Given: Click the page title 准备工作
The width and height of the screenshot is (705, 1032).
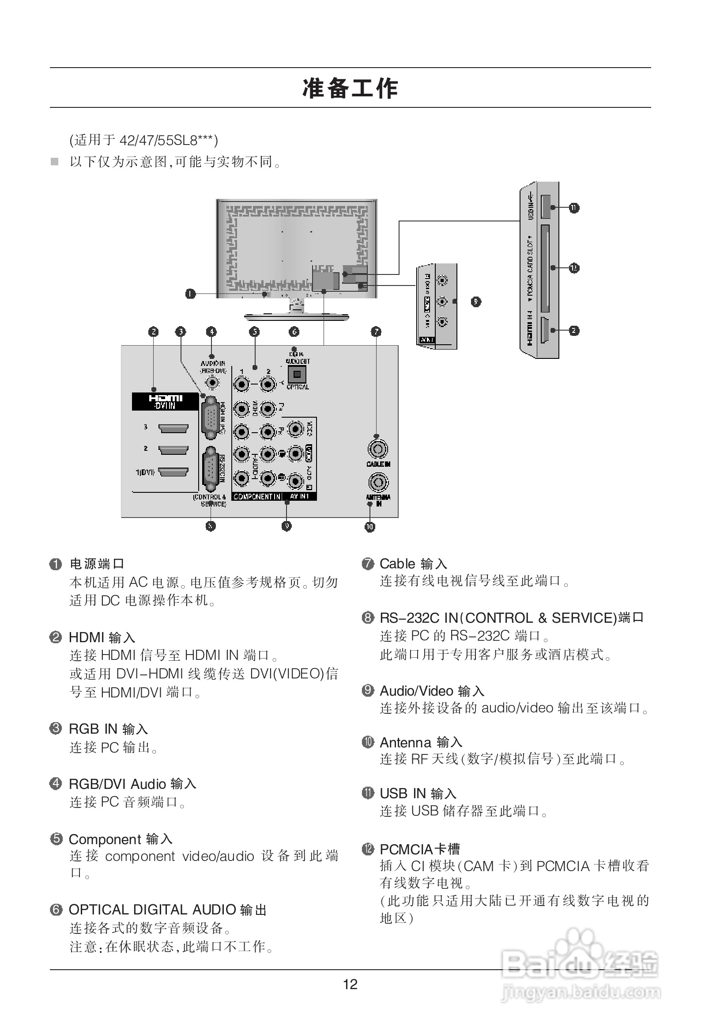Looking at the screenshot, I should click(350, 88).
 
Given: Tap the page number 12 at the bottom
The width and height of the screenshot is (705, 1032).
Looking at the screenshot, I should click(350, 984).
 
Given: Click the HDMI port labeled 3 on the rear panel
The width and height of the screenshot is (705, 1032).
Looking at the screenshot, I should click(173, 429).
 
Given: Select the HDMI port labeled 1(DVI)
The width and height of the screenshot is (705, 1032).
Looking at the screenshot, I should click(173, 472).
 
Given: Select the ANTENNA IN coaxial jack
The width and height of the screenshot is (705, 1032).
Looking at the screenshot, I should click(377, 482).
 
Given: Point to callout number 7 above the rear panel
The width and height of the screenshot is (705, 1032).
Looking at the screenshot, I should click(376, 332).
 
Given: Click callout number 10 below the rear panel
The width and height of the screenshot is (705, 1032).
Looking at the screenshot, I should click(369, 527).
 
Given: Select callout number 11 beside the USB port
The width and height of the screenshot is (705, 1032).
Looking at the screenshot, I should click(574, 208).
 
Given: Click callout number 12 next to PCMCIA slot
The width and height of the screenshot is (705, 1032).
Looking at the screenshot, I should click(574, 268).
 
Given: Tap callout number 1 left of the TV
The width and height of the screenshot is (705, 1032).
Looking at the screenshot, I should click(190, 293).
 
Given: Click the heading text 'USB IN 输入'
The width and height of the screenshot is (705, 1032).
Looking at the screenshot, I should click(418, 793).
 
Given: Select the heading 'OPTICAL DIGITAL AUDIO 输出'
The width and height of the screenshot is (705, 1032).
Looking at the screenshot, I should click(168, 910).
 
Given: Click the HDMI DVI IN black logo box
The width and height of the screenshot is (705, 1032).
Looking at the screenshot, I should click(165, 401).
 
